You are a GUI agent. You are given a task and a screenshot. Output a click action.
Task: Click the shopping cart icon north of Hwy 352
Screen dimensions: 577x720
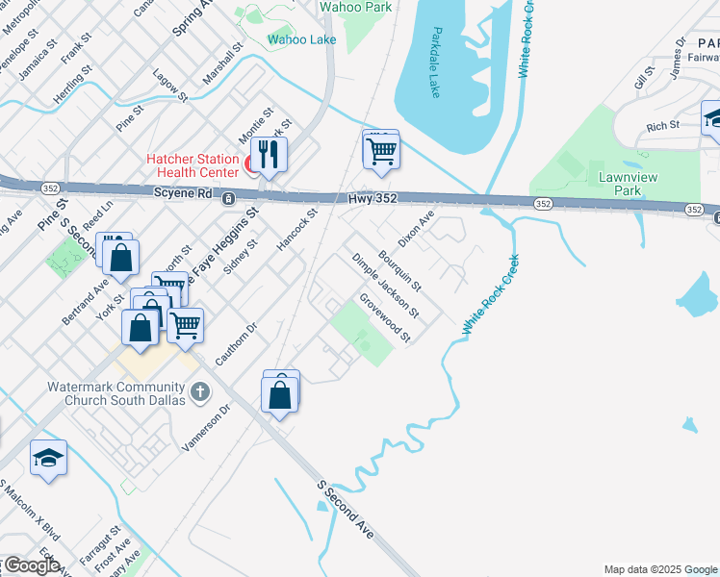click(x=381, y=150)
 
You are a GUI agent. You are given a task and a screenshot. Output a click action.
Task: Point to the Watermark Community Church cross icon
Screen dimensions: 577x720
click(x=200, y=391)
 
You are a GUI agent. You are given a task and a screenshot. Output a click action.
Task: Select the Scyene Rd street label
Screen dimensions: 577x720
click(x=182, y=193)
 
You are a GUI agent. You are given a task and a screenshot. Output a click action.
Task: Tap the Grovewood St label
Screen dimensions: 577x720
click(x=385, y=318)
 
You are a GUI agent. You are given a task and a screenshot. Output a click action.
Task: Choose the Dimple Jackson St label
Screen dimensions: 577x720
click(x=385, y=286)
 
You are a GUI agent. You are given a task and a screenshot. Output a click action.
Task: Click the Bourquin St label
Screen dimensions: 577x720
click(x=400, y=270)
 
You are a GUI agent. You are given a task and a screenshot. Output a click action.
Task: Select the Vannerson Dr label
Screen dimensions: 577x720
click(x=207, y=428)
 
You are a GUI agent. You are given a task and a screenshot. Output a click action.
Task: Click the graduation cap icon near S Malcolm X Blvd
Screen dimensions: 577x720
click(x=48, y=459)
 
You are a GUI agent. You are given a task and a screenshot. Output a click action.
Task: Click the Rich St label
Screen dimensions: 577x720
click(x=662, y=126)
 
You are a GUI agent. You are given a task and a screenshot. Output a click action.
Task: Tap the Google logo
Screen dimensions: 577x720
click(x=31, y=565)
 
